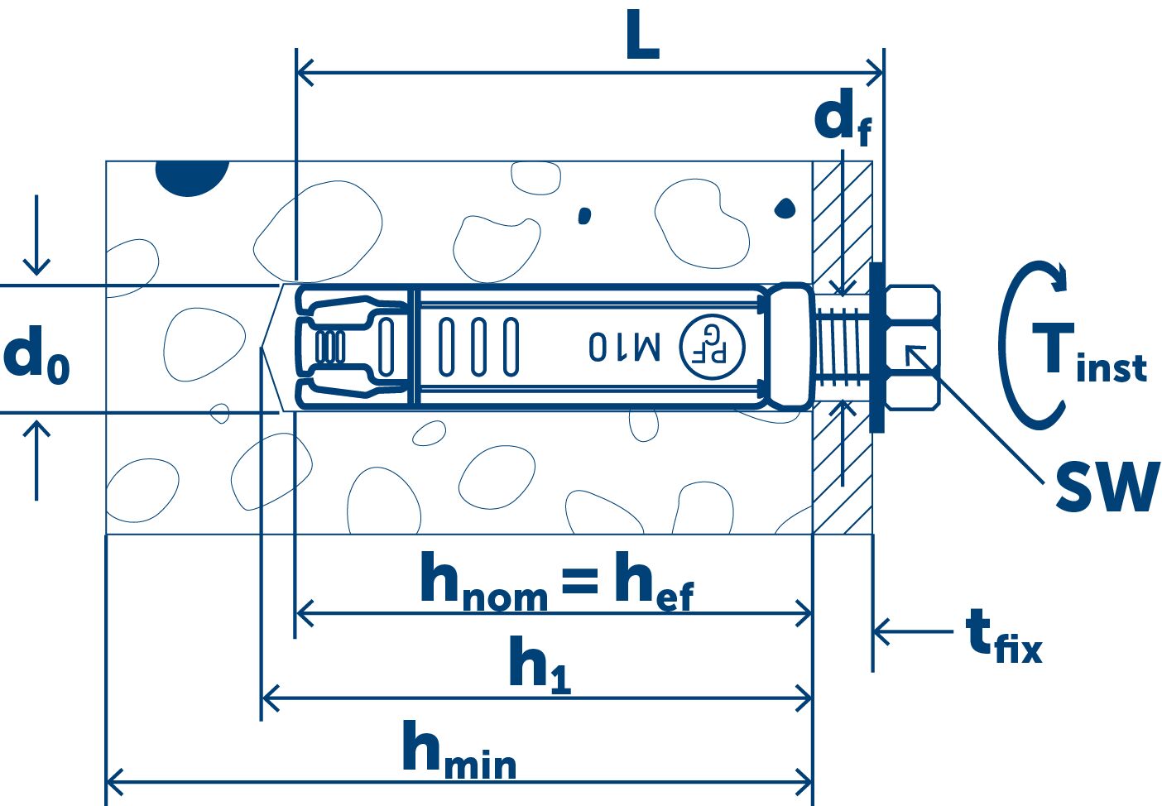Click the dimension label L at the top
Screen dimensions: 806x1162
[x=642, y=39]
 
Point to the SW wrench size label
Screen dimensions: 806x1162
[x=1106, y=487]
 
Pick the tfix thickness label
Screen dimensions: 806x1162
[x=1002, y=636]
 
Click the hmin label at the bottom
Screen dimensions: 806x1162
[x=459, y=751]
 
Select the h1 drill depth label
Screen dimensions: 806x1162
[x=539, y=664]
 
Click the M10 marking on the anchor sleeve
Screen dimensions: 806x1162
[x=624, y=347]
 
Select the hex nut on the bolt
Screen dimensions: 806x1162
[x=914, y=348]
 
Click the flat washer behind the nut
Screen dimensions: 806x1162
[x=877, y=348]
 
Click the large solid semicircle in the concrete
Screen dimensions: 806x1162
[x=192, y=176]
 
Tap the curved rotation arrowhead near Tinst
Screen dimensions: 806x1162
[x=1056, y=276]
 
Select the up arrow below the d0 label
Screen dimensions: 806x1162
[x=36, y=459]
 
